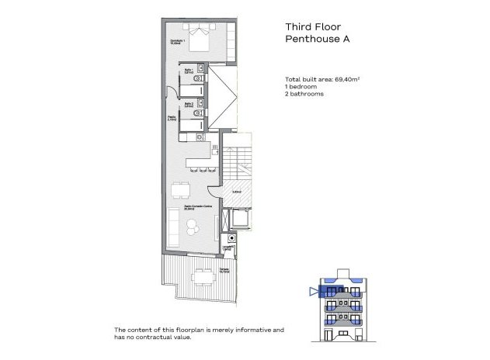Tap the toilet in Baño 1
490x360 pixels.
pyautogui.click(x=200, y=78)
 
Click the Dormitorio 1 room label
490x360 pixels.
pyautogui.click(x=176, y=42)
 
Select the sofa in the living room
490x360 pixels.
pyautogui.click(x=191, y=227)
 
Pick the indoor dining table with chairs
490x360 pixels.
pyautogui.click(x=181, y=190)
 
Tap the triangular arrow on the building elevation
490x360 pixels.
pyautogui.click(x=314, y=292)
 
